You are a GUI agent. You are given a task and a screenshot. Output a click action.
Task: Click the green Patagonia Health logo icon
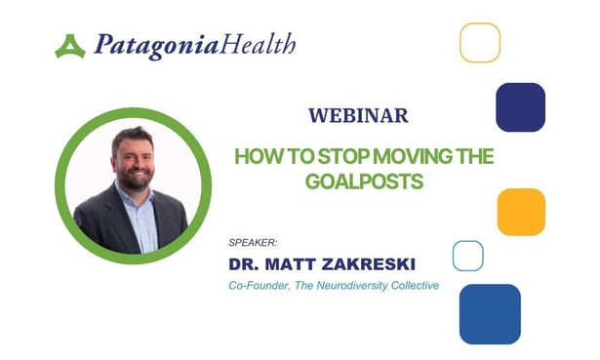click(70, 46)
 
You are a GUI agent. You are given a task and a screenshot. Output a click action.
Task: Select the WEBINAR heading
click(358, 115)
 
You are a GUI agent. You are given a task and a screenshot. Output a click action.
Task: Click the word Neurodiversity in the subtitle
click(364, 285)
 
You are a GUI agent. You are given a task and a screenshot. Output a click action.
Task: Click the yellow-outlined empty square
click(480, 43)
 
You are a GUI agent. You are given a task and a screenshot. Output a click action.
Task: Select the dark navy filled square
click(520, 106)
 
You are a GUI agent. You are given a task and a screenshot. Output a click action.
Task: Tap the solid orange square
click(521, 212)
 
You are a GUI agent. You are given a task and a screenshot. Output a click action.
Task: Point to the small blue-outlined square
click(468, 256)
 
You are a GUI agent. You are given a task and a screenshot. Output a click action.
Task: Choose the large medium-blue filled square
click(490, 314)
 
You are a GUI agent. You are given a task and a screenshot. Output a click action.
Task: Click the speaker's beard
click(134, 180)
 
